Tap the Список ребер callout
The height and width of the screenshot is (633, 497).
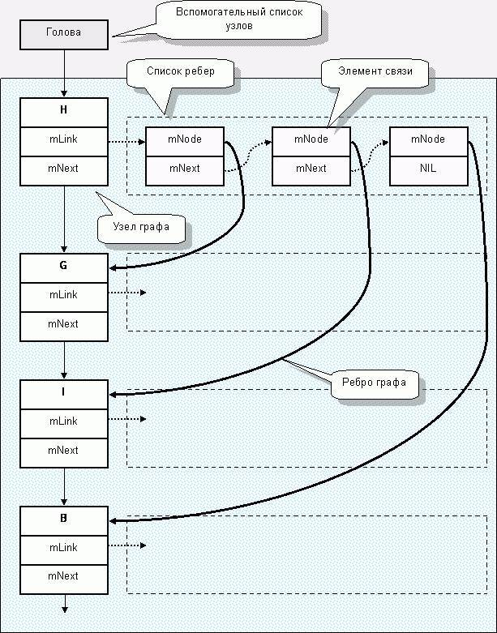point(180,71)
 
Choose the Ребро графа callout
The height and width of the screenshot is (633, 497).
point(377,382)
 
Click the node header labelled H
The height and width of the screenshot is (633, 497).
point(63,112)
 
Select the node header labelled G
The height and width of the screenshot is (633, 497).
point(63,266)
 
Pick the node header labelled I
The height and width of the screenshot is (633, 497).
point(63,392)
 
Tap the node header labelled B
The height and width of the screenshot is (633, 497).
point(63,519)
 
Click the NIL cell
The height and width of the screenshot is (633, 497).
point(428,169)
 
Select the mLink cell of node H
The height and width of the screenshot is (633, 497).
point(63,140)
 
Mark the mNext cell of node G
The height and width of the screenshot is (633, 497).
point(63,323)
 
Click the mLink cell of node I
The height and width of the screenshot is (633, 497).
point(63,421)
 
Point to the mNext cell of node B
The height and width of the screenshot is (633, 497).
point(63,576)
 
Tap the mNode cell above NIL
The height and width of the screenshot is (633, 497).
point(428,139)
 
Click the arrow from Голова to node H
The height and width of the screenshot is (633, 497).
point(63,73)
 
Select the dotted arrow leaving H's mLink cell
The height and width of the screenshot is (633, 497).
point(126,140)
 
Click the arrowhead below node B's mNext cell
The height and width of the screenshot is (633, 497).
point(63,609)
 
